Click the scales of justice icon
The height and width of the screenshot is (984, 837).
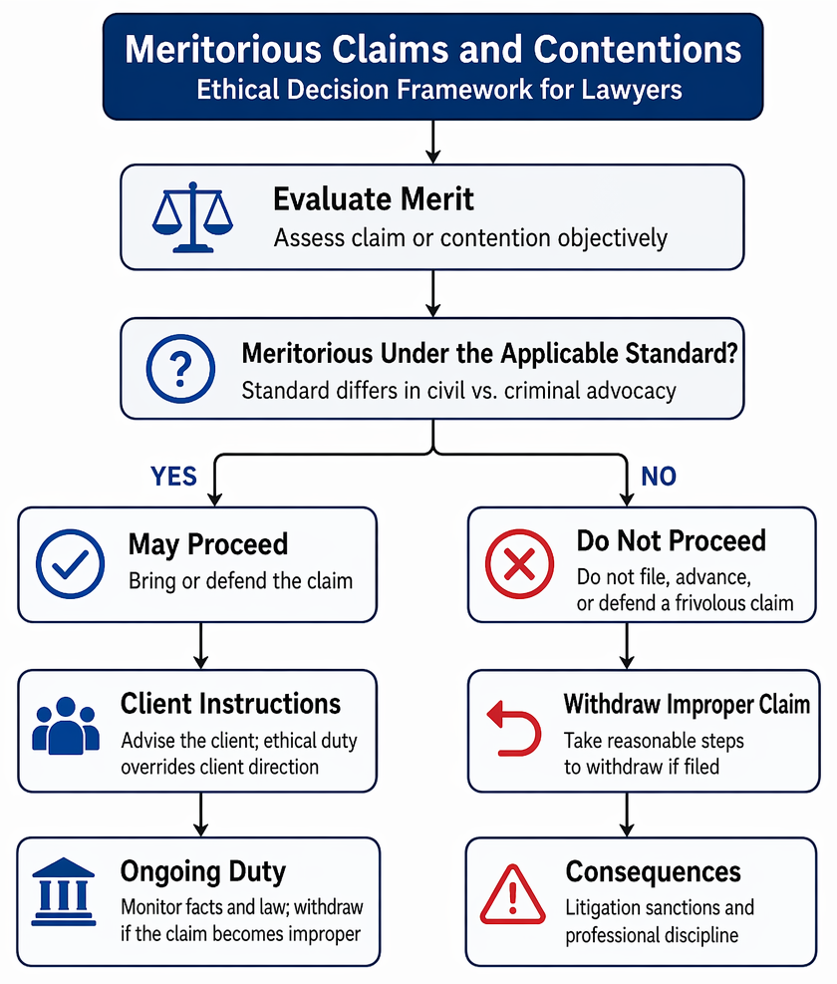tap(192, 217)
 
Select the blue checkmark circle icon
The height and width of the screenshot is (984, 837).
tap(71, 563)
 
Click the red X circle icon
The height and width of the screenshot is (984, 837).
tap(519, 563)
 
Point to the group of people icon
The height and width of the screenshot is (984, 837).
tap(66, 726)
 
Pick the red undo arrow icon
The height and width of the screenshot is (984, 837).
tap(514, 728)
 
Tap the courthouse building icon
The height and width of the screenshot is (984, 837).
tap(64, 891)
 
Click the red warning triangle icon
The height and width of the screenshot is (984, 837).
tap(512, 894)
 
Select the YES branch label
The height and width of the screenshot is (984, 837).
tap(173, 477)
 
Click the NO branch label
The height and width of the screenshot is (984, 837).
tap(659, 477)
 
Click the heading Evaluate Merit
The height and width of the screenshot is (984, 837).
tap(374, 199)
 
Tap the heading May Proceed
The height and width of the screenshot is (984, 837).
tap(208, 544)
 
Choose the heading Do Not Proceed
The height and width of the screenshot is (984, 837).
tap(672, 540)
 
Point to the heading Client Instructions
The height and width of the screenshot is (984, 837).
tap(231, 704)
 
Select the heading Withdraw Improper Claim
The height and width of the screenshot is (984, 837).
tap(688, 704)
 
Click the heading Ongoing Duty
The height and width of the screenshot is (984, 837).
tap(203, 871)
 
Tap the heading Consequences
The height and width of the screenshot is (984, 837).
tap(654, 871)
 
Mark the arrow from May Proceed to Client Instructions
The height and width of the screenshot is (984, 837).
tap(200, 646)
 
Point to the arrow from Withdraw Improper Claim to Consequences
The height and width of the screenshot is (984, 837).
tap(627, 815)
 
